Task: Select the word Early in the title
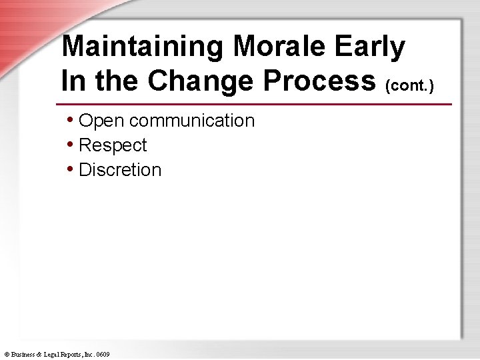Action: click(x=370, y=47)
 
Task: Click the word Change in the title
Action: click(x=201, y=81)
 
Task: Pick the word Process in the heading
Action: click(x=319, y=81)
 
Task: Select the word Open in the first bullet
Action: click(x=101, y=121)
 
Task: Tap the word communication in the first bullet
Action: click(x=192, y=121)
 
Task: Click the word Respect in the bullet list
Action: click(x=113, y=145)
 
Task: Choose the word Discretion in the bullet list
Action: click(x=120, y=170)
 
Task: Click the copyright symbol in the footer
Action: click(x=6, y=355)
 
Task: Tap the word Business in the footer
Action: click(x=23, y=355)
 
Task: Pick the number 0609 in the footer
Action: click(x=103, y=355)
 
